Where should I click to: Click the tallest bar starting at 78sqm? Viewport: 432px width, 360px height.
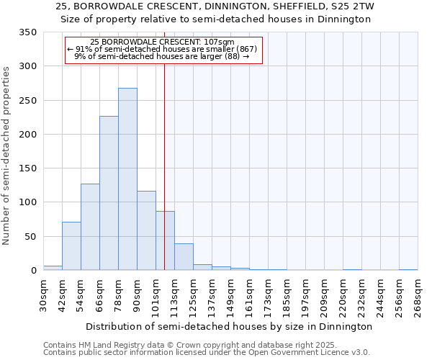tap(127, 179)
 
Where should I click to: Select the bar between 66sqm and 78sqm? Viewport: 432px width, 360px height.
tap(109, 194)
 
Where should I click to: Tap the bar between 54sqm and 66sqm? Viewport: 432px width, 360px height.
tap(90, 227)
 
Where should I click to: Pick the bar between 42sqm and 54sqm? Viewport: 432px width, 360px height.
tap(71, 246)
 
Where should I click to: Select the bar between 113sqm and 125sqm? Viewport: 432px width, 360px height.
tap(184, 257)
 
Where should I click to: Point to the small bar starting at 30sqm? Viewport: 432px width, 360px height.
tap(53, 268)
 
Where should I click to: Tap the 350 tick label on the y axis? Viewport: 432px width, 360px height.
tap(28, 32)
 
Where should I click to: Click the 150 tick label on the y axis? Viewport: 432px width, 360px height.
tap(28, 168)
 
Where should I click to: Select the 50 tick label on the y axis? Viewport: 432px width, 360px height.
tap(31, 237)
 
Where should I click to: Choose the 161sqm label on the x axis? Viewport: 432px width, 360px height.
tap(249, 297)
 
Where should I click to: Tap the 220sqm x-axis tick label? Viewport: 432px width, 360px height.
tap(343, 297)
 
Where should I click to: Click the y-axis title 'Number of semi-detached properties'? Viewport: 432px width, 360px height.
tap(7, 156)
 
